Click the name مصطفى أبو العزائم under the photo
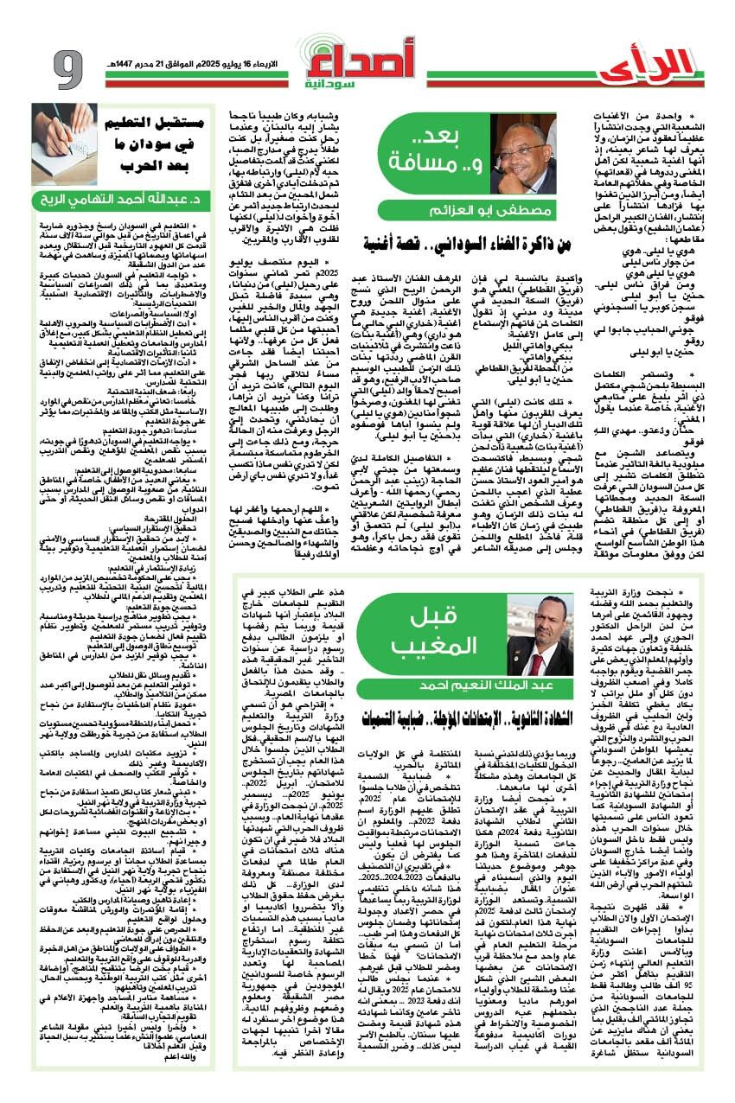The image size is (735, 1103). pyautogui.click(x=482, y=210)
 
